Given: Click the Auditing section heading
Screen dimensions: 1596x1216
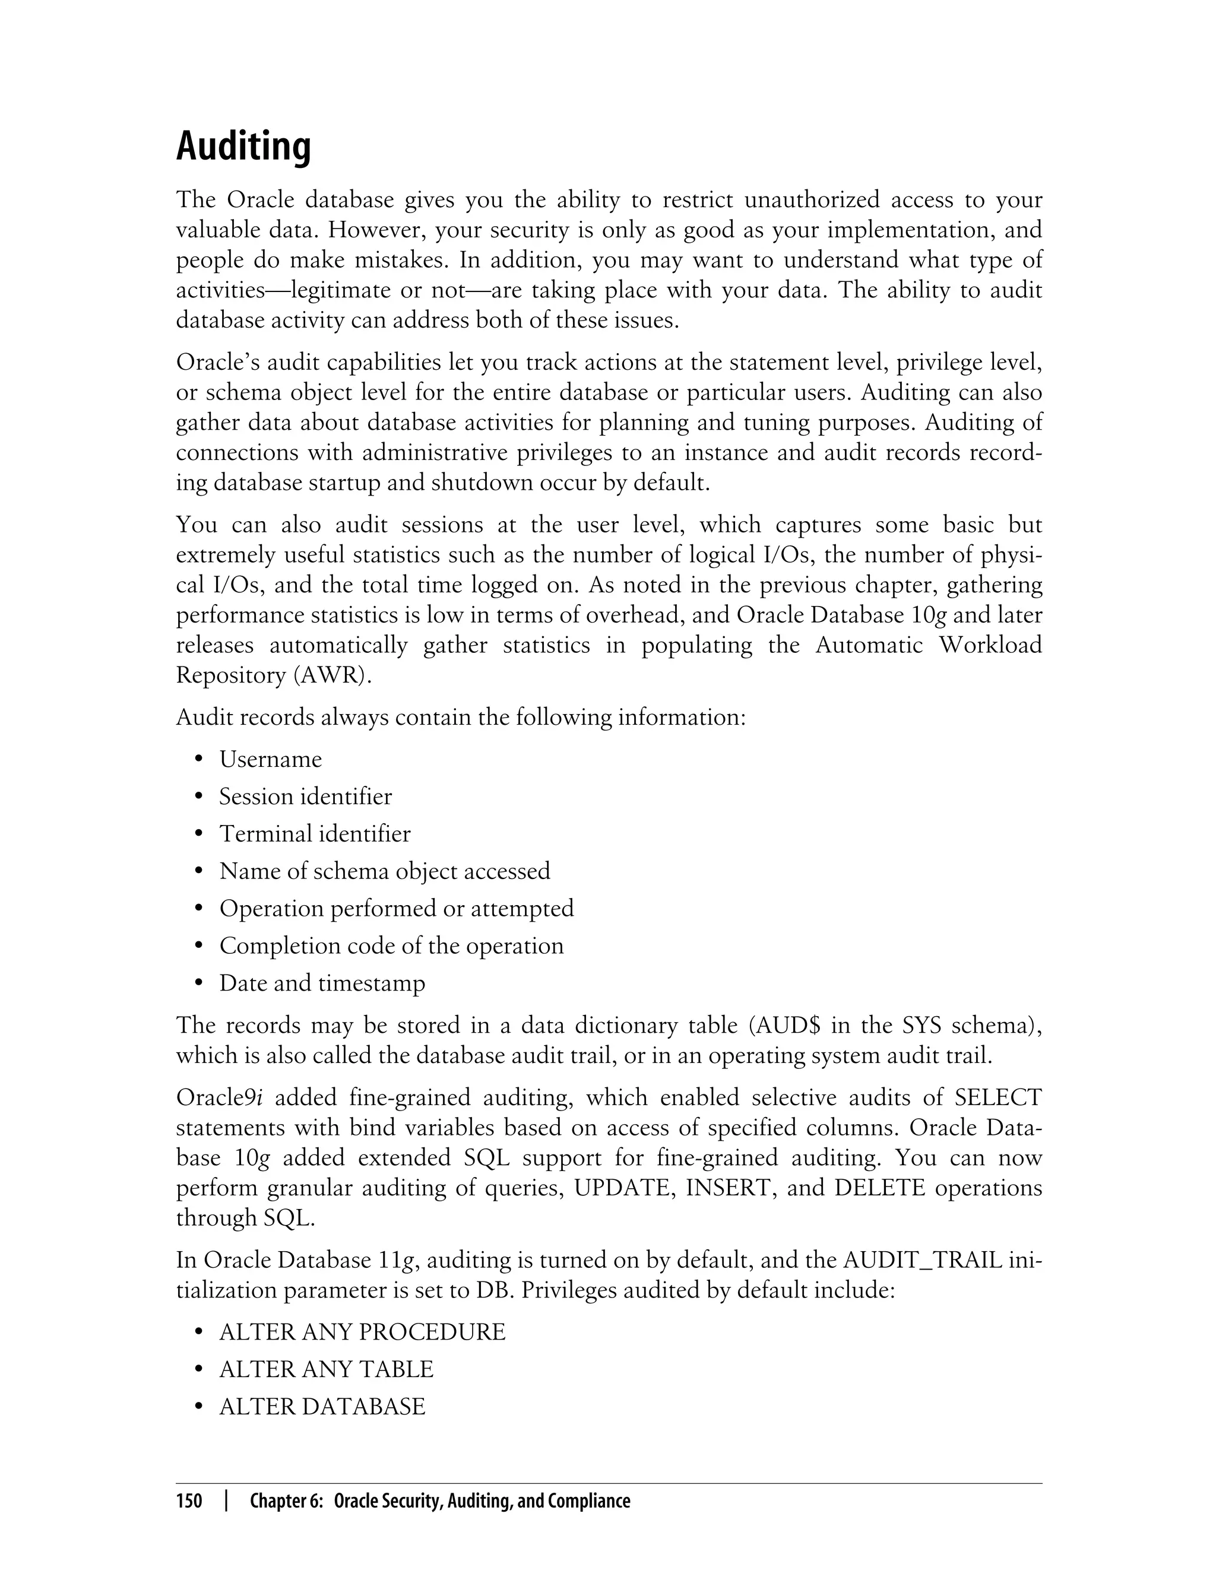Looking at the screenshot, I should coord(243,147).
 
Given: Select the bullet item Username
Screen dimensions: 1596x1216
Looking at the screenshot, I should coord(270,759).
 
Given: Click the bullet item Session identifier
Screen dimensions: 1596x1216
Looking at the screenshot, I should coord(305,797).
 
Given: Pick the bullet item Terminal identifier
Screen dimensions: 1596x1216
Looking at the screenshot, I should coord(314,833).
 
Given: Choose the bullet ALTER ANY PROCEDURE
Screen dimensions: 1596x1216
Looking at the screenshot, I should coord(362,1332).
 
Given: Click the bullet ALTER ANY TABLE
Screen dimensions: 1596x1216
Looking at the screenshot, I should coord(326,1369).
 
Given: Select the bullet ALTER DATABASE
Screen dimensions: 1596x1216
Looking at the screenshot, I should coord(322,1407).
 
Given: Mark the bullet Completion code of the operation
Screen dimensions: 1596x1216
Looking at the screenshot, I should coord(391,945).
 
